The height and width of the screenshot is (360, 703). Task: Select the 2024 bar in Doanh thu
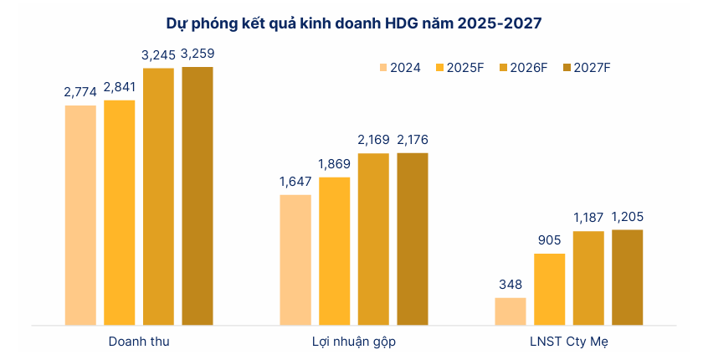tap(81, 214)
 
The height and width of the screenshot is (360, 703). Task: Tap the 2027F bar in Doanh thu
tap(198, 195)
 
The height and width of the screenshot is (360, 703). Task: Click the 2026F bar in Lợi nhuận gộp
tap(373, 239)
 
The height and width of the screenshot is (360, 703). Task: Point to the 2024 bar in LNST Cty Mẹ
tap(511, 311)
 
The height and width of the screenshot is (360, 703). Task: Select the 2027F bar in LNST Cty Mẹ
tap(627, 276)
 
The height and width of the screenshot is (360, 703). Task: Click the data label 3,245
tap(158, 55)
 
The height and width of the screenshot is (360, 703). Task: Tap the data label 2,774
tap(81, 92)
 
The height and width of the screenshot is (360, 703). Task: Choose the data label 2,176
tap(412, 140)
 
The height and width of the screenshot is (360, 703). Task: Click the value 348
tap(511, 285)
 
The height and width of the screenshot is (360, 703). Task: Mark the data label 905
tap(549, 240)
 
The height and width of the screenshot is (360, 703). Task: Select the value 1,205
tap(627, 217)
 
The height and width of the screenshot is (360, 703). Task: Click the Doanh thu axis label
tap(139, 342)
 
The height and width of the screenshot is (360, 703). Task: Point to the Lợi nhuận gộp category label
tap(354, 342)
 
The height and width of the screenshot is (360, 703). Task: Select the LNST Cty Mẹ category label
tap(568, 342)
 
